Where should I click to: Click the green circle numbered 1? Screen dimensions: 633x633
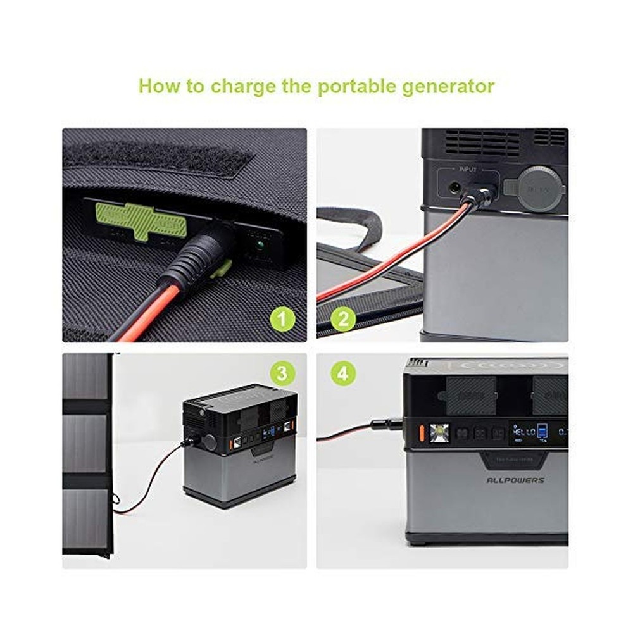(283, 318)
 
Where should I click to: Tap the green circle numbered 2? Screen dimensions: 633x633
(342, 318)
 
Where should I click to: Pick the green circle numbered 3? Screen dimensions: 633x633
(282, 373)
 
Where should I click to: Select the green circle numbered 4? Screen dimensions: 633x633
(342, 373)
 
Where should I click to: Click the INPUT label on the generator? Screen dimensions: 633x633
(467, 170)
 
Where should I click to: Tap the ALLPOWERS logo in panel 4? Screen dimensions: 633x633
(515, 480)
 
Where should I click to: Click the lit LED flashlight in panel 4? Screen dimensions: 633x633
(439, 434)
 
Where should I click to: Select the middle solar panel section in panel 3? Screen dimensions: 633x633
(85, 443)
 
